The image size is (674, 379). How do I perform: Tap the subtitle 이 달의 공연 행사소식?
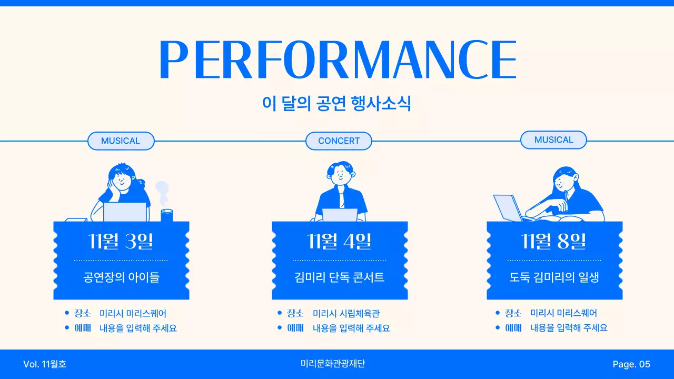336,103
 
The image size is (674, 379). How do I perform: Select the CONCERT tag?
339,141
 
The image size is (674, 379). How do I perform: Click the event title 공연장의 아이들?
121,277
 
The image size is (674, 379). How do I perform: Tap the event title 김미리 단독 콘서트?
340,277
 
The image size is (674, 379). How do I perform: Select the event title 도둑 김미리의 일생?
554,277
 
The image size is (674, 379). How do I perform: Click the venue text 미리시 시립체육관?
346,313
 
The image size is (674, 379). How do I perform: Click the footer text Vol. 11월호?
45,364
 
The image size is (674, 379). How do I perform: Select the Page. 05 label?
631,364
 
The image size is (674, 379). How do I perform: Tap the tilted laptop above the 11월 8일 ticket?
507,207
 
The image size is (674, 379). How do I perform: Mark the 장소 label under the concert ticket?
295,313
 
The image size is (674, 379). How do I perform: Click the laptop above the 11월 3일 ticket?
125,212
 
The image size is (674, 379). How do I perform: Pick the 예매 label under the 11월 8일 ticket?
513,327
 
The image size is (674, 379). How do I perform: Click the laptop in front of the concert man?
340,215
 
